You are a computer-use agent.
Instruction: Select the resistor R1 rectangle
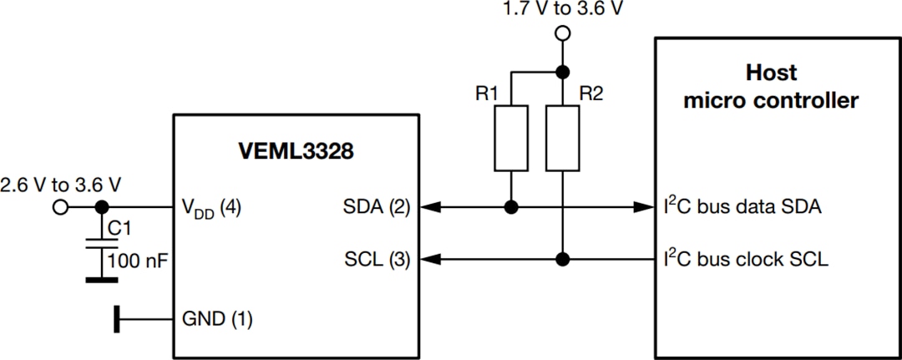[x=511, y=138]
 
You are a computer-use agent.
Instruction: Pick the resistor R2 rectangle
[x=564, y=138]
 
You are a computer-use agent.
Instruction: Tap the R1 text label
[x=488, y=94]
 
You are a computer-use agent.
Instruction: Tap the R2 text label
[x=590, y=94]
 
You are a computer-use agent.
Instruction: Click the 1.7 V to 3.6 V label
[x=563, y=10]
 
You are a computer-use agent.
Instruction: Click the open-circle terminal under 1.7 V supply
[x=564, y=34]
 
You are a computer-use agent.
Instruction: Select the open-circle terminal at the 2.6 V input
[x=60, y=207]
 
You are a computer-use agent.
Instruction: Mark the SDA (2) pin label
[x=378, y=207]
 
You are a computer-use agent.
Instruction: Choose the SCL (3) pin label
[x=378, y=260]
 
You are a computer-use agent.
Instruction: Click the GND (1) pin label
[x=217, y=318]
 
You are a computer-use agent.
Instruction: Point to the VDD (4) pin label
[x=211, y=208]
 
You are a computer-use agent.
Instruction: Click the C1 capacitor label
[x=121, y=226]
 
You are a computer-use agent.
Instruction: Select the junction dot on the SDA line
[x=511, y=207]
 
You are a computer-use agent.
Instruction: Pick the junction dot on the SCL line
[x=564, y=259]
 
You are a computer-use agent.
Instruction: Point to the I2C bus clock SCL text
[x=746, y=259]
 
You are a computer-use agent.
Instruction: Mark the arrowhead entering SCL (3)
[x=424, y=259]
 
